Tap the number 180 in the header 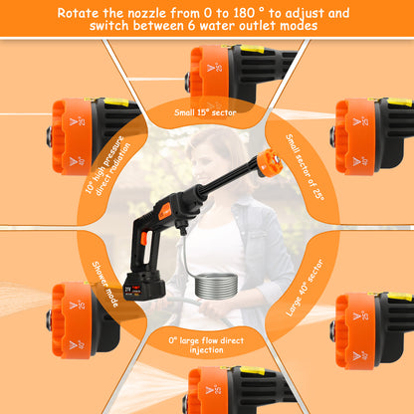click(x=244, y=13)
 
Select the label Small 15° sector click(x=205, y=112)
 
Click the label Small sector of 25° click(x=305, y=167)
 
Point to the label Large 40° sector click(x=305, y=288)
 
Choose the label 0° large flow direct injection click(x=206, y=345)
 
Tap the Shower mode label click(x=105, y=284)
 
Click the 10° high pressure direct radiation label click(x=107, y=165)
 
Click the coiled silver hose click(x=216, y=286)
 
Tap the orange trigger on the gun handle click(x=143, y=239)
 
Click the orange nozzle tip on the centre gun click(x=270, y=162)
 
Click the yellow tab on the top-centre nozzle click(x=252, y=49)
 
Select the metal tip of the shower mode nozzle click(x=50, y=320)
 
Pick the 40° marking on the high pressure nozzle click(x=77, y=161)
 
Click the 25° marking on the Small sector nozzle click(x=361, y=121)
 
